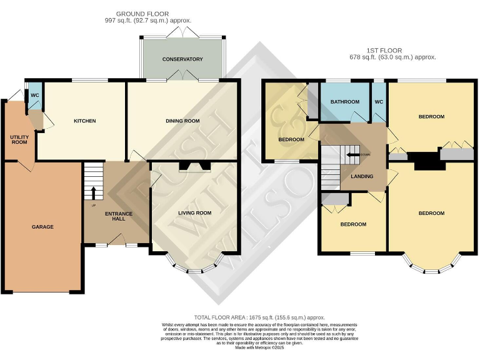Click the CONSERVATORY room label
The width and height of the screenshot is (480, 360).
click(182, 59)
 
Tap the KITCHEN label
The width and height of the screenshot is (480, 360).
click(84, 121)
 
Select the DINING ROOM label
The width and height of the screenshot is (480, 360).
click(182, 121)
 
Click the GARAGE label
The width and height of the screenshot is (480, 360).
click(43, 227)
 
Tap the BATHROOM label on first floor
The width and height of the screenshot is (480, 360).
click(345, 102)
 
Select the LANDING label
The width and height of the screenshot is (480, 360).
click(362, 176)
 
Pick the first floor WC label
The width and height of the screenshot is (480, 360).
click(379, 102)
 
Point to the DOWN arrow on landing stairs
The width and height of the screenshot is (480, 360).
click(354, 154)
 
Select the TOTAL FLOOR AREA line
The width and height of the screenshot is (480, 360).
click(259, 317)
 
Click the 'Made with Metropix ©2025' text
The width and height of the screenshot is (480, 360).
click(259, 347)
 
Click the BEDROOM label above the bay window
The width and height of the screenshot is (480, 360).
click(431, 213)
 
